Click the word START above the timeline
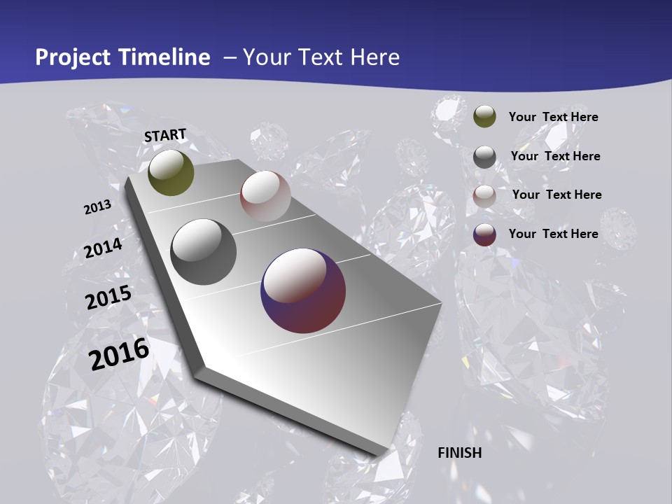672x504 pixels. pos(165,135)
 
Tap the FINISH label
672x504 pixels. pos(460,453)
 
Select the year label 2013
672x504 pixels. pos(97,207)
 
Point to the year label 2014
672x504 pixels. pos(103,248)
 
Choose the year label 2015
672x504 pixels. pos(108,298)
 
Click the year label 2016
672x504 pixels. pos(119,353)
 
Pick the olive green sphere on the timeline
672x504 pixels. pos(171,173)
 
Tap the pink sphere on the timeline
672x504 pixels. pos(265,196)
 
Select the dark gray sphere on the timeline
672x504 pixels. pos(204,252)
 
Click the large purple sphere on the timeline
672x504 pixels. pos(303,290)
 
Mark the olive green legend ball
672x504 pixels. pos(484,116)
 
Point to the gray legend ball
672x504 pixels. pos(484,157)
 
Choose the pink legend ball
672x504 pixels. pos(484,196)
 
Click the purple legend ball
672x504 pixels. pos(484,234)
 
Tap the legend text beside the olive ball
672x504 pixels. pos(553,117)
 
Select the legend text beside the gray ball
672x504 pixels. pos(555,156)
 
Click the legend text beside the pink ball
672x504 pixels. pos(556,195)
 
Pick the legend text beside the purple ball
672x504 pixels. pos(553,234)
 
